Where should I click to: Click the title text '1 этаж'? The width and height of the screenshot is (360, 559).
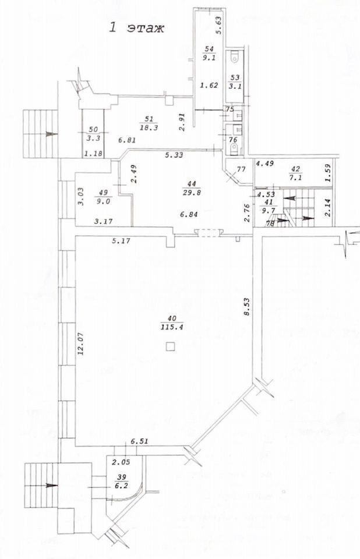[136, 28]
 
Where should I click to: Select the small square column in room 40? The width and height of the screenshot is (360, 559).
[171, 346]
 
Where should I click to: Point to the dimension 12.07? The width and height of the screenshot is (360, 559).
[79, 344]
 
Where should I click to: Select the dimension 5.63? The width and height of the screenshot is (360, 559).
[219, 25]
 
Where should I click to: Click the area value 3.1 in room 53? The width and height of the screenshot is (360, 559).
[235, 85]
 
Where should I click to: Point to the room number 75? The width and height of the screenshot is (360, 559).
[230, 109]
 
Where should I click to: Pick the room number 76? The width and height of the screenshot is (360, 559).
[232, 140]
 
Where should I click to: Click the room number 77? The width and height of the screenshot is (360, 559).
[242, 169]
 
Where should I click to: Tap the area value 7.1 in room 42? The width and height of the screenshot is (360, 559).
[296, 177]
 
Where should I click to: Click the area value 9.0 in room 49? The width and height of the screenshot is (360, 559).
[103, 201]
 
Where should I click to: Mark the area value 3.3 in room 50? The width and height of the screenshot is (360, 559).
[94, 139]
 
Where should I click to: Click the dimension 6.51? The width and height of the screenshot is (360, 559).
[139, 441]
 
